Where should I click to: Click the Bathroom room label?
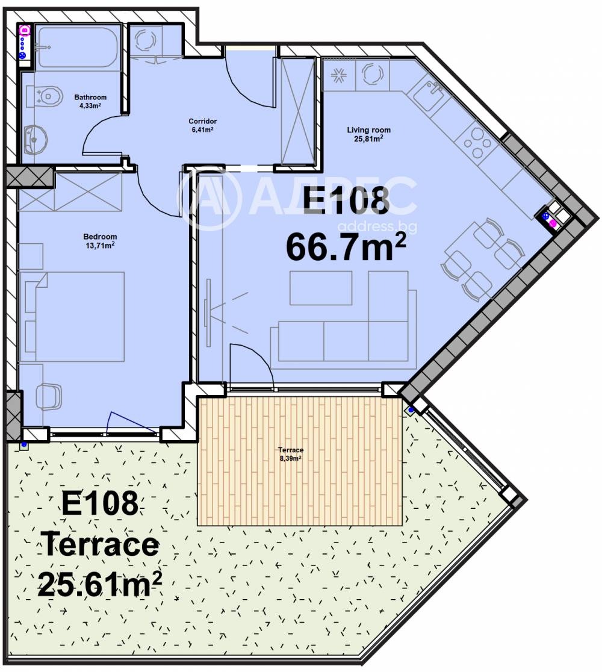[90, 97]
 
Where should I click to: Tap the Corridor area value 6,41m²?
[202, 129]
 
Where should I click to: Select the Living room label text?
[368, 129]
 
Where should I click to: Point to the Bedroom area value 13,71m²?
[101, 246]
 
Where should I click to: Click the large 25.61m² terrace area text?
[99, 583]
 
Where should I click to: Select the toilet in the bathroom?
[48, 96]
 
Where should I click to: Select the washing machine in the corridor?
[146, 41]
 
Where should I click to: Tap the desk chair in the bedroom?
[48, 396]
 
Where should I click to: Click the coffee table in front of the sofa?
[321, 288]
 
